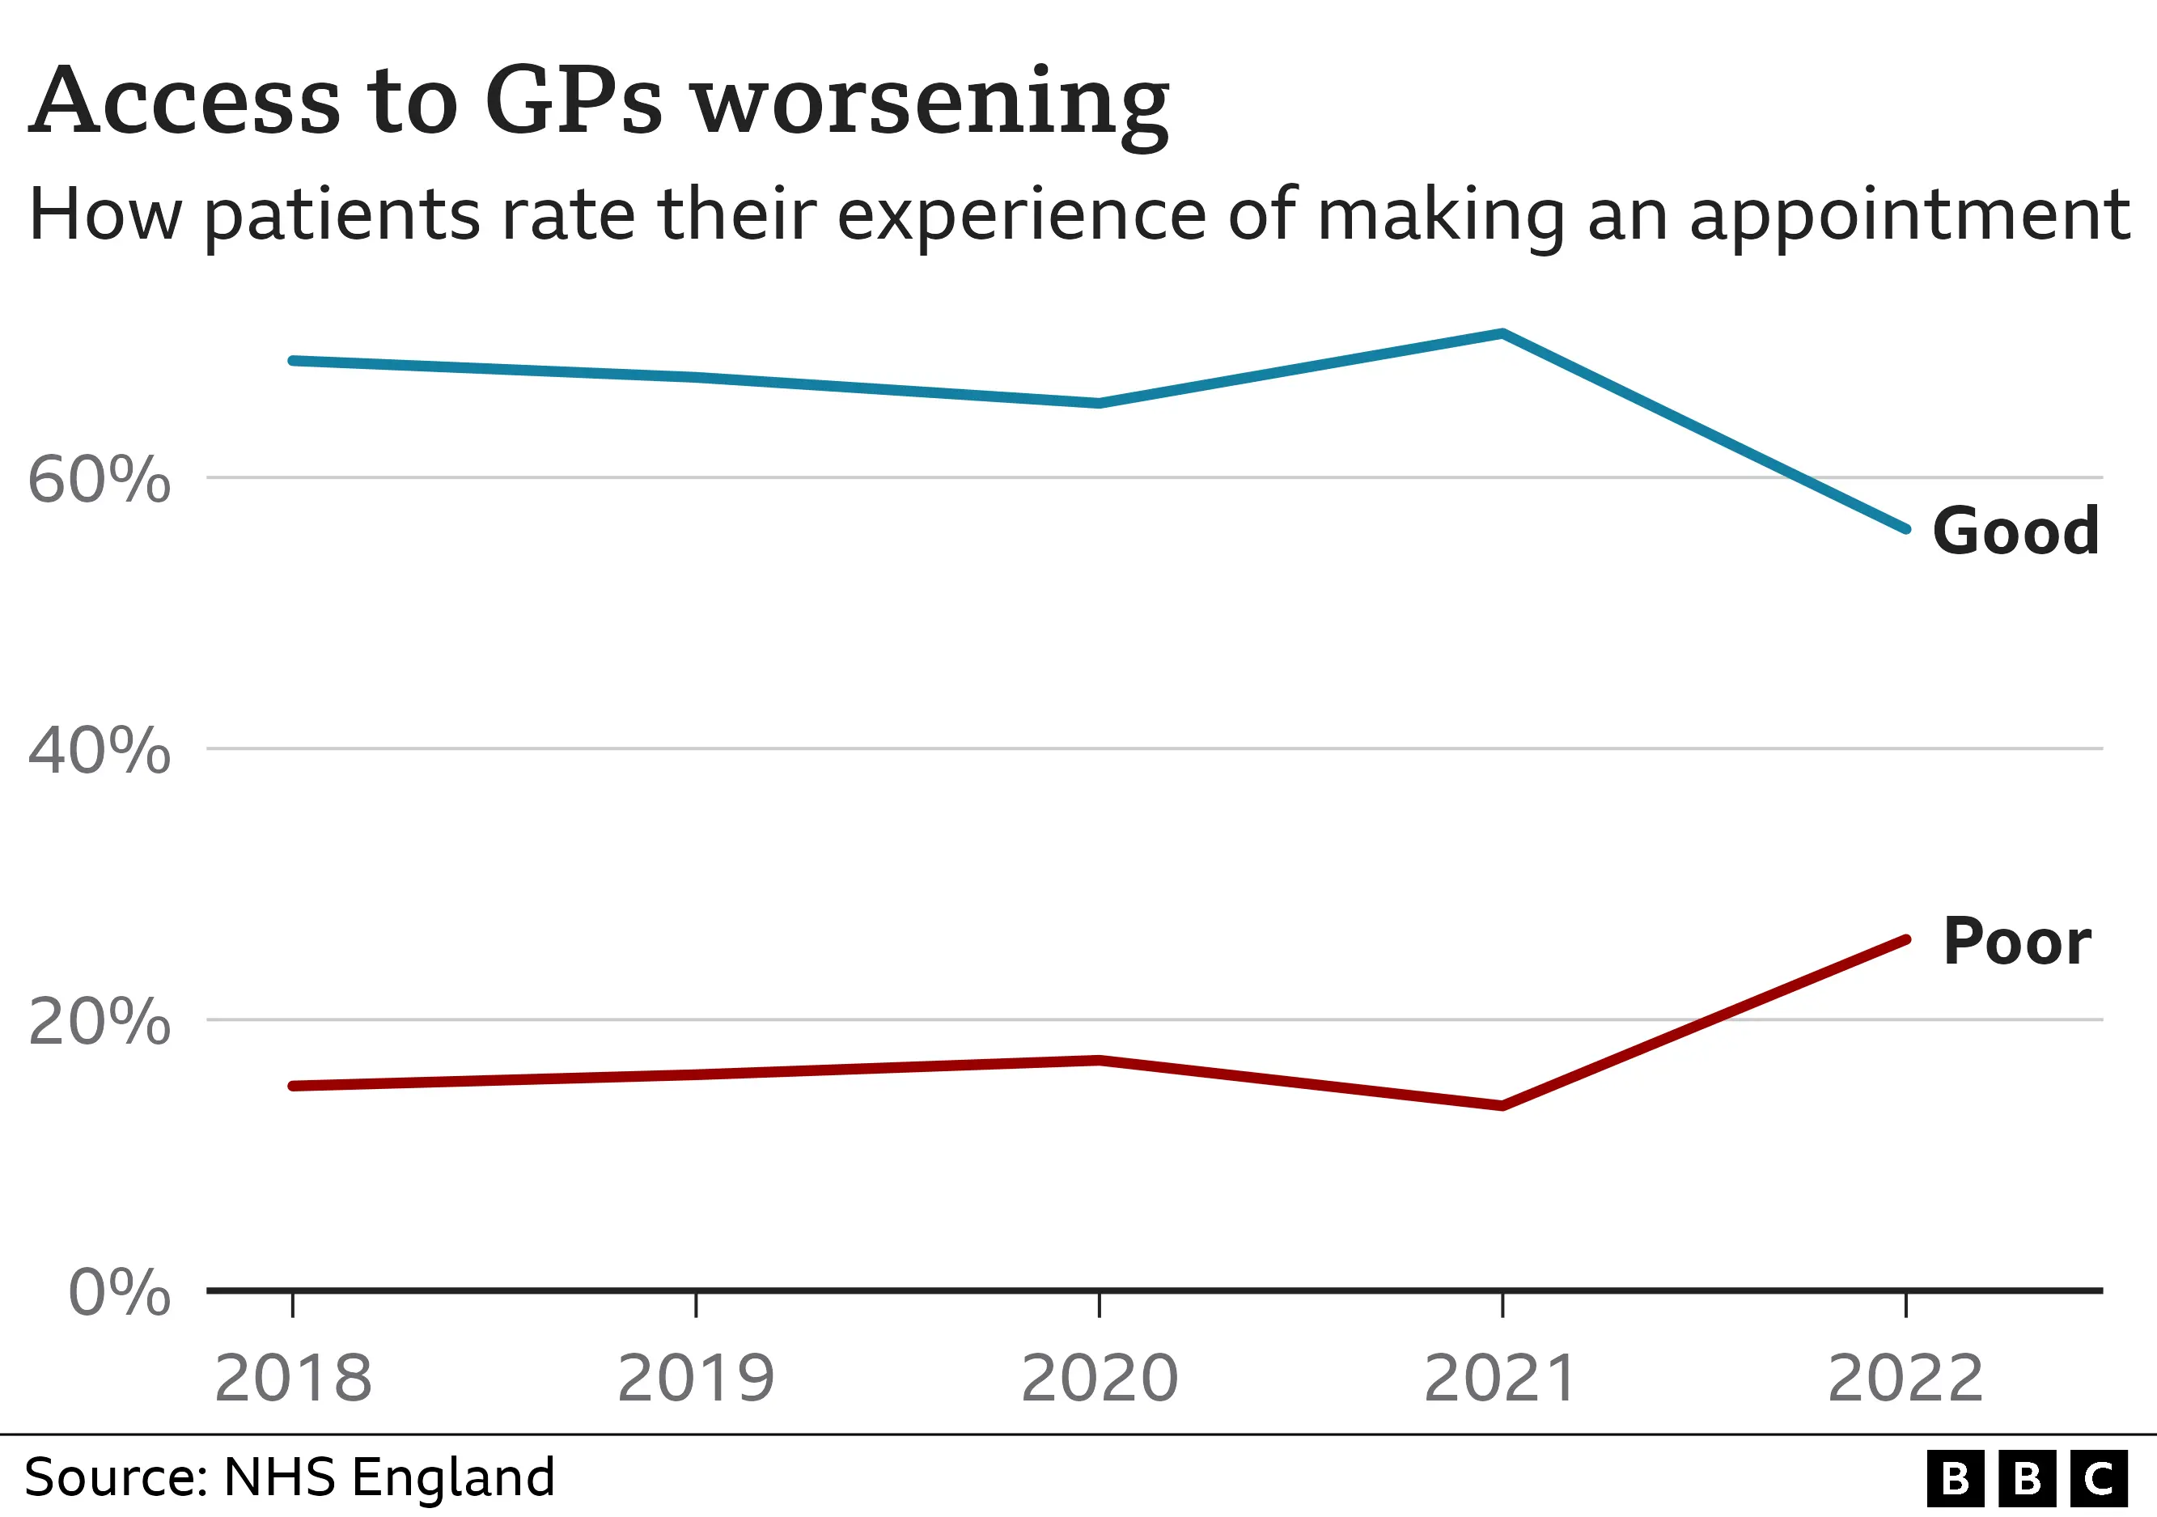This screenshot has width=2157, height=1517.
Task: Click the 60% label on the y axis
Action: (99, 480)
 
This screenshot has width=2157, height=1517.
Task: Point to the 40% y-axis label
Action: (99, 752)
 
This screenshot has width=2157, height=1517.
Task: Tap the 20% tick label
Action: (99, 1022)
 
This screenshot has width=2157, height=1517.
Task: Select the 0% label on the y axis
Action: (119, 1293)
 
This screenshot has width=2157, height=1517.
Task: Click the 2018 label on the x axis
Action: (293, 1379)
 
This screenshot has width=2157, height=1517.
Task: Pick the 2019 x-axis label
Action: (696, 1379)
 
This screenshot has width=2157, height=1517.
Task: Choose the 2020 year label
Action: (1100, 1379)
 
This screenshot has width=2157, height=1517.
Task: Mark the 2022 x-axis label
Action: (1905, 1379)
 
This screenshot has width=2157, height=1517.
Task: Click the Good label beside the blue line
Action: (2015, 532)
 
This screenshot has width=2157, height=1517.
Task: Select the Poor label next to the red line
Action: (2016, 942)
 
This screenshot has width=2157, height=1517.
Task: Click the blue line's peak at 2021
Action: (1502, 333)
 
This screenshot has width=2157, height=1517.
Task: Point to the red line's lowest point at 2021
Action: (1502, 1105)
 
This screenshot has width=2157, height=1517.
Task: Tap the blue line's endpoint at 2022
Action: (1905, 529)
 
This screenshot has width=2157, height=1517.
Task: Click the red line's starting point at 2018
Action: (293, 1086)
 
